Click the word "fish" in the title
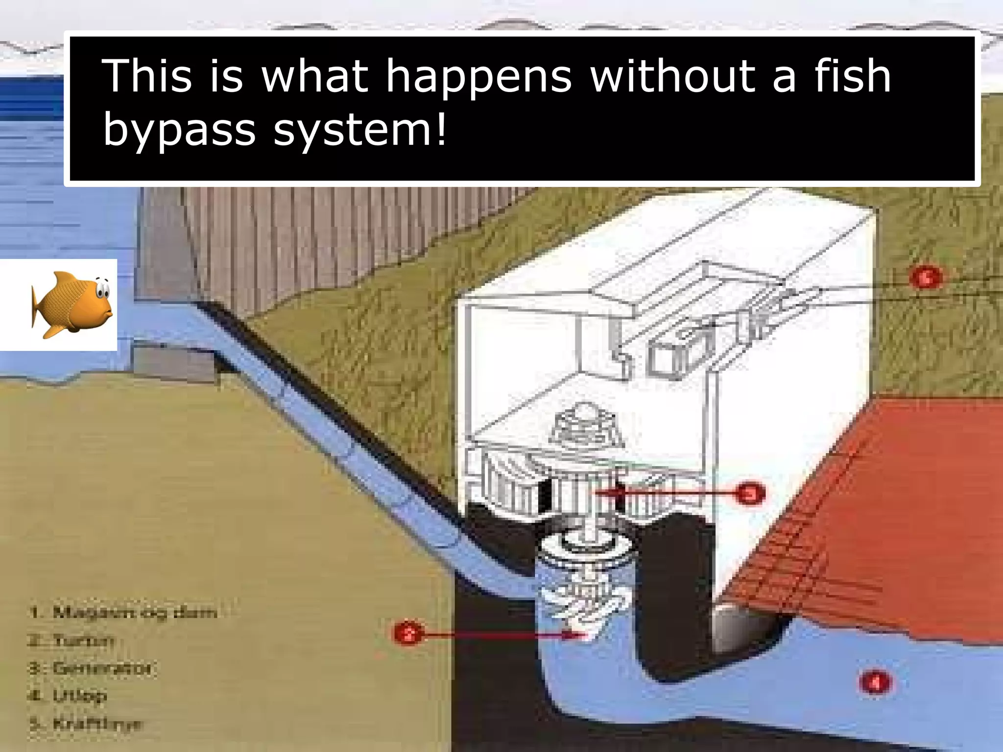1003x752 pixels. [852, 76]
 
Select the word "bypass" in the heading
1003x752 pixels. [179, 130]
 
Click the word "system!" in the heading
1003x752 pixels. [360, 130]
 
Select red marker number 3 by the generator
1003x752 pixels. [750, 493]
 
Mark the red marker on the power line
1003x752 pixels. [925, 278]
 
